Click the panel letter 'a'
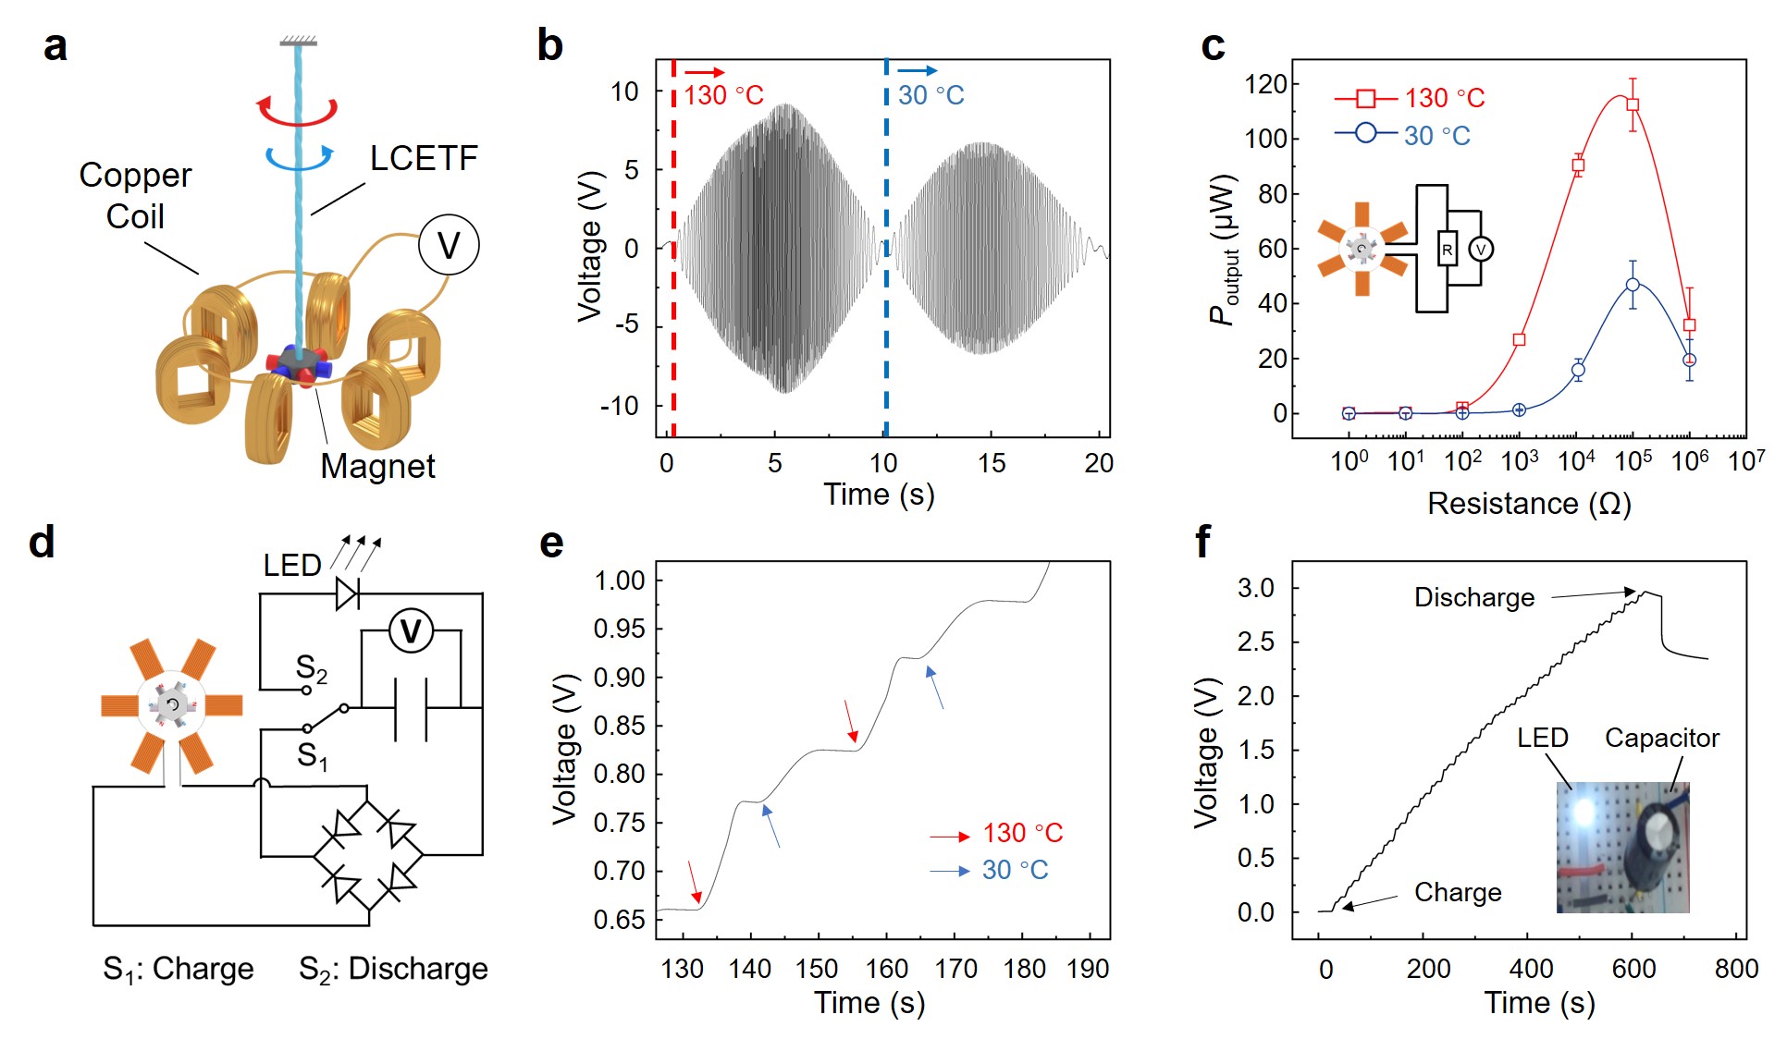[x=55, y=46]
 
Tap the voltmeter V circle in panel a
[x=448, y=245]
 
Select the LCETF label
[x=423, y=158]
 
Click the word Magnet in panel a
[x=377, y=466]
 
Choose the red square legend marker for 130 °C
[x=1365, y=98]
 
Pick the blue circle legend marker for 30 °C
[x=1365, y=133]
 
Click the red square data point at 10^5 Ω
[x=1633, y=104]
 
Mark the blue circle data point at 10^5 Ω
[x=1633, y=286]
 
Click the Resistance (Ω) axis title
[x=1529, y=504]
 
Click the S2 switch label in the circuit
[x=311, y=668]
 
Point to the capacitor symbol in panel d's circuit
[x=411, y=709]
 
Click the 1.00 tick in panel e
[x=619, y=581]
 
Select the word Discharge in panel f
[x=1473, y=598]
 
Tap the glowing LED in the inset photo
[x=1584, y=812]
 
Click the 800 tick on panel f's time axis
[x=1735, y=969]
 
